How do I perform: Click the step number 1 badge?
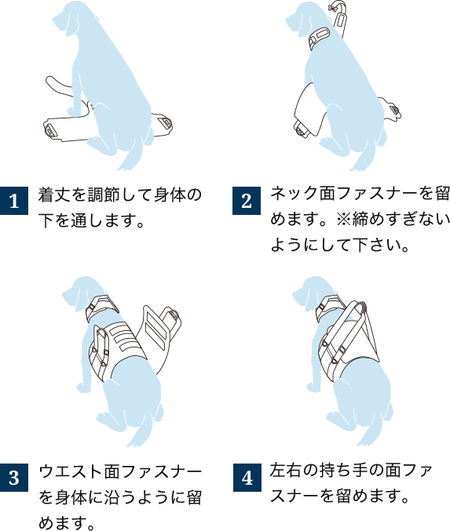(x=14, y=201)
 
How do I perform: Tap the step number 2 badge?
(x=247, y=201)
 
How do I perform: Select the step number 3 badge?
(x=14, y=477)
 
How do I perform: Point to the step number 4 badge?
(x=247, y=478)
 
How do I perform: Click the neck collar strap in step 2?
(x=320, y=37)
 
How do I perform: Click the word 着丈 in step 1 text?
(x=54, y=195)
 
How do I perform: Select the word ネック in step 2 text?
(x=295, y=194)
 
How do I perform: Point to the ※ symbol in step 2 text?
(x=344, y=220)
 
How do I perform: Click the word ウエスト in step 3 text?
(x=71, y=471)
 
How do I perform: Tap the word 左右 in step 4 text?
(x=286, y=471)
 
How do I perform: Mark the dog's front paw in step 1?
(x=74, y=111)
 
